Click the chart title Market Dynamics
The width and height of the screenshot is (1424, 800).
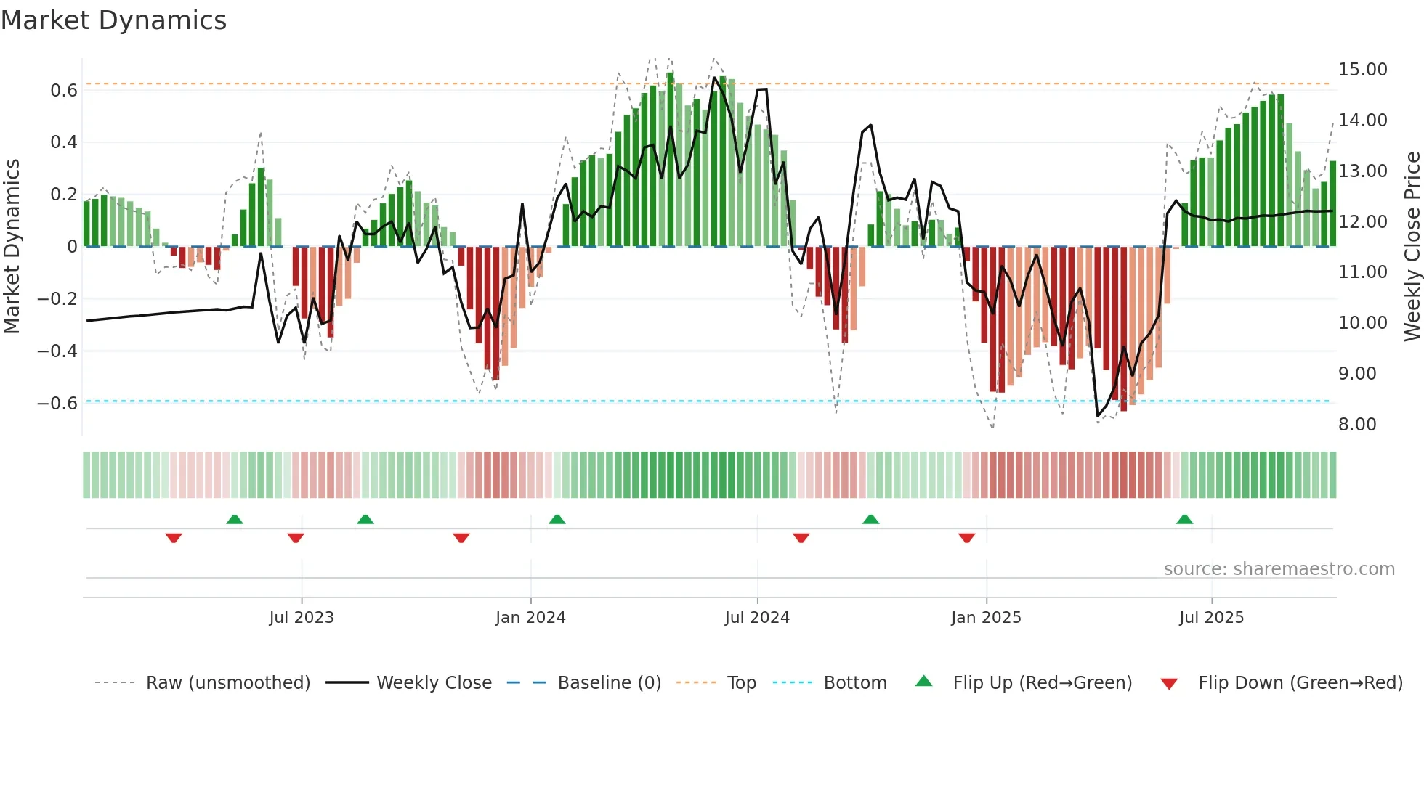[x=113, y=20]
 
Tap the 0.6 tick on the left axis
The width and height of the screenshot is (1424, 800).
[x=64, y=91]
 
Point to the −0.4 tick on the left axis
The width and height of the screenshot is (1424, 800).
[x=57, y=351]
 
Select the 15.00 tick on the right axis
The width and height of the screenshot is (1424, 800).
[x=1363, y=70]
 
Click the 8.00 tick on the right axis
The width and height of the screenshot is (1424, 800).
[x=1357, y=425]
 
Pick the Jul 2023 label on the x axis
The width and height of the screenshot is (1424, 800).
[x=301, y=618]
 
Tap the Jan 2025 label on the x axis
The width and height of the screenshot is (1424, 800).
[x=986, y=618]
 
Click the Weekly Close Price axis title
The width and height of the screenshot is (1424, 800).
[x=1412, y=246]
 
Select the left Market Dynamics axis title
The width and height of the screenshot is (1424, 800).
[x=12, y=246]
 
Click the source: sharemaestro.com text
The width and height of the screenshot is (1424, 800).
[x=1279, y=569]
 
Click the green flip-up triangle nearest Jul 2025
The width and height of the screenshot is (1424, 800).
[x=1184, y=520]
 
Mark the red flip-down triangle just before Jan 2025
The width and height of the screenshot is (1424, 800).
[x=966, y=538]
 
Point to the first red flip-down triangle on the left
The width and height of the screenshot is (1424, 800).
[x=174, y=538]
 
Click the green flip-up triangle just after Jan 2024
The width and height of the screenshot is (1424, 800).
[x=557, y=520]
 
